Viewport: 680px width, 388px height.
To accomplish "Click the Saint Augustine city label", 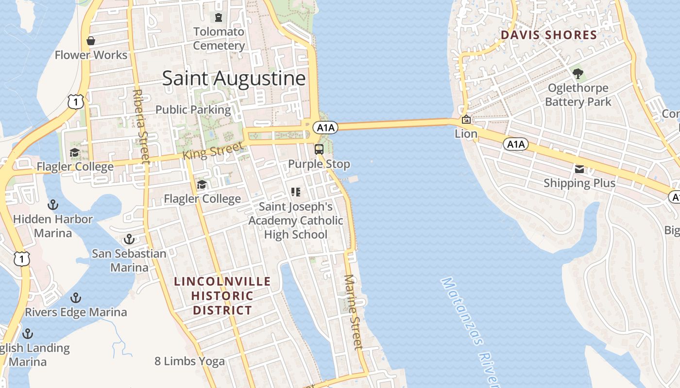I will tap(234, 79).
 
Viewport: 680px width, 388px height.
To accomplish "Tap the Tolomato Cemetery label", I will tap(219, 39).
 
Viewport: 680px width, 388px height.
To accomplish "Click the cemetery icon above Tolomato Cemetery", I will tap(219, 17).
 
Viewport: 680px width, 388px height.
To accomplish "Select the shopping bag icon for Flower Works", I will tap(90, 41).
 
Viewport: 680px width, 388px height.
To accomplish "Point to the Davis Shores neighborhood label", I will tap(548, 35).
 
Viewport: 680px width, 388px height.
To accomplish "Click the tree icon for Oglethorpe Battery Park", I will tap(578, 74).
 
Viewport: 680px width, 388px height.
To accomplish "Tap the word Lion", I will tap(466, 133).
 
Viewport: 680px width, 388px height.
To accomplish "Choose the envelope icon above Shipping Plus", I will tap(579, 169).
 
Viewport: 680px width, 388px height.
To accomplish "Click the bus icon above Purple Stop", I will tap(319, 149).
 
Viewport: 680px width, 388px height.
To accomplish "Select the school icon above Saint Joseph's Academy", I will tap(296, 192).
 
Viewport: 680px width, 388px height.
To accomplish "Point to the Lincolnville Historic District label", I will tap(222, 295).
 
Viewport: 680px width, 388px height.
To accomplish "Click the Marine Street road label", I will tap(353, 312).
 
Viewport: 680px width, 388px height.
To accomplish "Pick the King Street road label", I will tap(212, 151).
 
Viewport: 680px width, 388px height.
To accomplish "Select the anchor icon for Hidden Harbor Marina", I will tap(52, 205).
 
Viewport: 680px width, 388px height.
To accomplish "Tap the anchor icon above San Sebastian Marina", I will tap(129, 239).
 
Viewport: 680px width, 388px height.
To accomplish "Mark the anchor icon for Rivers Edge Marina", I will tap(76, 297).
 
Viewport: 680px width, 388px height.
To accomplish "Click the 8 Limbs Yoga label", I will tap(189, 361).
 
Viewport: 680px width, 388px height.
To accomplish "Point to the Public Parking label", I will tap(193, 110).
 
